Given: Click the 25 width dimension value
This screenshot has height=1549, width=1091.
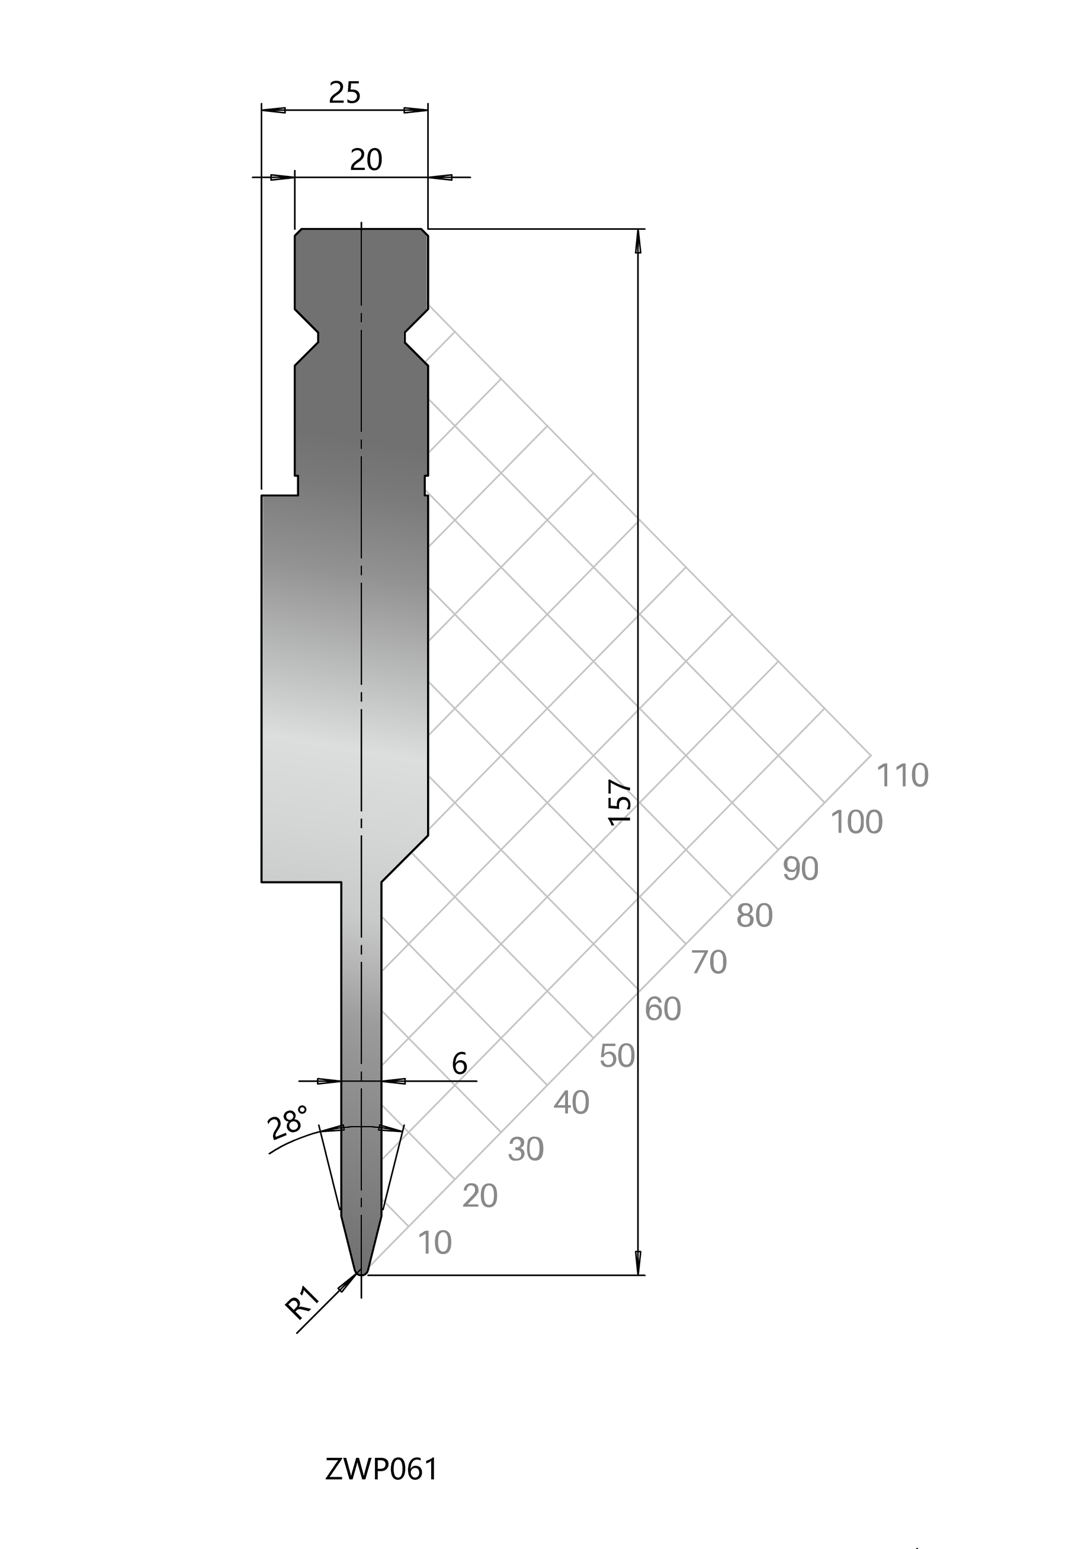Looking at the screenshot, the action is tap(345, 92).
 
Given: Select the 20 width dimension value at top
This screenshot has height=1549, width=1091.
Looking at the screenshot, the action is tap(367, 160).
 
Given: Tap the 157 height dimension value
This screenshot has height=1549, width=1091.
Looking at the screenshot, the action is tap(620, 801).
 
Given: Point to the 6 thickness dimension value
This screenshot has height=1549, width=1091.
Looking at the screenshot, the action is tap(460, 1064).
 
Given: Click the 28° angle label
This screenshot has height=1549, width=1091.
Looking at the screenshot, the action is tap(288, 1123).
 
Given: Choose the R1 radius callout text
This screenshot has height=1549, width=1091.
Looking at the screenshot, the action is tap(301, 1303).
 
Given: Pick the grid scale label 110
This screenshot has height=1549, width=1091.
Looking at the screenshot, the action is tap(902, 775).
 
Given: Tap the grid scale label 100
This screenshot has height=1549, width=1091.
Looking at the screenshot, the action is tap(856, 822).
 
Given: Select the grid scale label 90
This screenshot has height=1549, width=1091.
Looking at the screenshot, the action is tap(801, 869).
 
